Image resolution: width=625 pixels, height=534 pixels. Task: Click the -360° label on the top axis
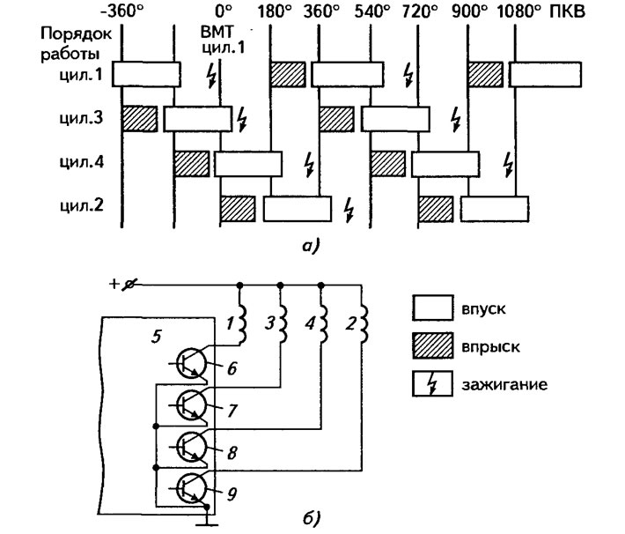(x=121, y=11)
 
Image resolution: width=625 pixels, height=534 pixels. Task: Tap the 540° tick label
(x=371, y=11)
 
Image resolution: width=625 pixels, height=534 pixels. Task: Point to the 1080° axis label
(x=519, y=11)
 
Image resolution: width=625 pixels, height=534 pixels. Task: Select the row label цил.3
(x=81, y=118)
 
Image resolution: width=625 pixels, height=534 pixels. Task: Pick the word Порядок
(x=76, y=34)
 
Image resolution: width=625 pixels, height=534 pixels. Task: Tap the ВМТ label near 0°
(x=218, y=31)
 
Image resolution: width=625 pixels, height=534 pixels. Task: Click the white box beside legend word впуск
(x=433, y=308)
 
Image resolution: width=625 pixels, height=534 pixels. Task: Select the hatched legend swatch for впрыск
(x=433, y=345)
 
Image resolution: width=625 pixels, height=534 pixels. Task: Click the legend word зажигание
(x=504, y=385)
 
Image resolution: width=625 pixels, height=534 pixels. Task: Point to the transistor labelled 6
(x=191, y=363)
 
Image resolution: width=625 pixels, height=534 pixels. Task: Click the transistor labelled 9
(x=191, y=487)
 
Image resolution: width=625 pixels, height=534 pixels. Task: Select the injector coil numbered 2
(x=364, y=324)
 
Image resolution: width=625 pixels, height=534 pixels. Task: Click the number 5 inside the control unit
(x=157, y=337)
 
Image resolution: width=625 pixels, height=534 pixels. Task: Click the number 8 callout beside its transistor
(x=232, y=453)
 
